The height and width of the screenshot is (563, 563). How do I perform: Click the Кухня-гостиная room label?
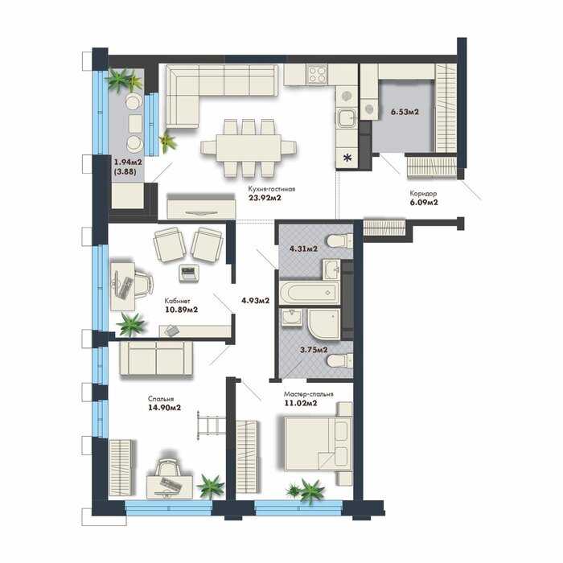click(272, 189)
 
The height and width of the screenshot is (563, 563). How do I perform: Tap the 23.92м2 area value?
click(265, 197)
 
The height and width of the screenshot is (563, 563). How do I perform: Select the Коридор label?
click(423, 194)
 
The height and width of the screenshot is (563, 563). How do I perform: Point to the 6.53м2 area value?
click(405, 112)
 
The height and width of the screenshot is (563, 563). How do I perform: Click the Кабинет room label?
click(178, 301)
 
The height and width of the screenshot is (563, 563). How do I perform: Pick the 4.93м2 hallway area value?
click(255, 301)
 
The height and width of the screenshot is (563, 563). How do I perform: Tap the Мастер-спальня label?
click(308, 394)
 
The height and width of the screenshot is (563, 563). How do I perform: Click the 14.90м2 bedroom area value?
click(164, 408)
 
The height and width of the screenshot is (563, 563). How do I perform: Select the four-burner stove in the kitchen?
click(317, 74)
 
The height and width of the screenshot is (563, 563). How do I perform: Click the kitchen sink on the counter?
click(347, 118)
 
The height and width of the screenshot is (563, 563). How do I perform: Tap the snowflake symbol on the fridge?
click(347, 158)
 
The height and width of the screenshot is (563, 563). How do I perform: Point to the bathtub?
click(309, 292)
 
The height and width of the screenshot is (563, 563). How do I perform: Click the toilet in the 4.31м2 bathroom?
click(339, 240)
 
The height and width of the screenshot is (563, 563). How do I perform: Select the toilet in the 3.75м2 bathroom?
click(339, 360)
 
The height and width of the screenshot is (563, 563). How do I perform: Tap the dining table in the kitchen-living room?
click(249, 148)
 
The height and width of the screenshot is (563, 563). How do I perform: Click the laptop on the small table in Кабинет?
click(188, 273)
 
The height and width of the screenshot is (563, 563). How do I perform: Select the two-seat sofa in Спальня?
click(156, 359)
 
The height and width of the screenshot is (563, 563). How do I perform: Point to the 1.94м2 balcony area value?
click(128, 162)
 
